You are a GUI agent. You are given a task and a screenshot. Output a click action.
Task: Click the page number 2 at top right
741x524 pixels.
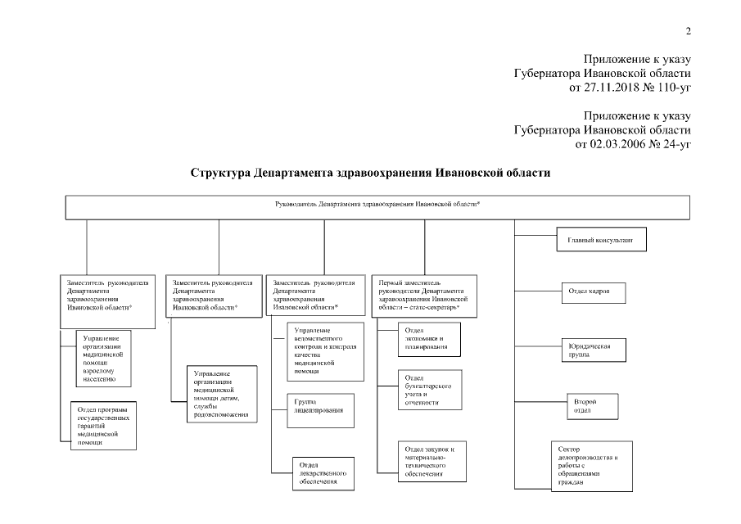[x=688, y=32]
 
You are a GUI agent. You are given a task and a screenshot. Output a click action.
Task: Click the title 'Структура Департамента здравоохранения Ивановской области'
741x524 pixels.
[x=370, y=174]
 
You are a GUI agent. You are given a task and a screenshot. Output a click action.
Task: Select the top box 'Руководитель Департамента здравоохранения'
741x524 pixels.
[x=377, y=206]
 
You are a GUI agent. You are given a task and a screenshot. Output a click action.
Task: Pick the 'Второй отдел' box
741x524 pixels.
[x=583, y=406]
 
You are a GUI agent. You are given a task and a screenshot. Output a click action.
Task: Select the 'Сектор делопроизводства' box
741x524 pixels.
[x=591, y=467]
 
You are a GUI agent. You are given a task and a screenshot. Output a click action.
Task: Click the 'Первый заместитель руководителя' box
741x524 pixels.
[x=423, y=296]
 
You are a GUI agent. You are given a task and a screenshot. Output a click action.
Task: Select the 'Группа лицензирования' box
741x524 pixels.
[x=319, y=409]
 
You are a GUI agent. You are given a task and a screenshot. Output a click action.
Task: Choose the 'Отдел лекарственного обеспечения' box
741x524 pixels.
[x=323, y=473]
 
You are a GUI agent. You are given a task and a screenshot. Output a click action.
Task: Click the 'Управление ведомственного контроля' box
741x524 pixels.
[x=326, y=352]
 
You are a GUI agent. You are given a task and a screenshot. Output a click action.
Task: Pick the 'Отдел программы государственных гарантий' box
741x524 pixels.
[x=101, y=425]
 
